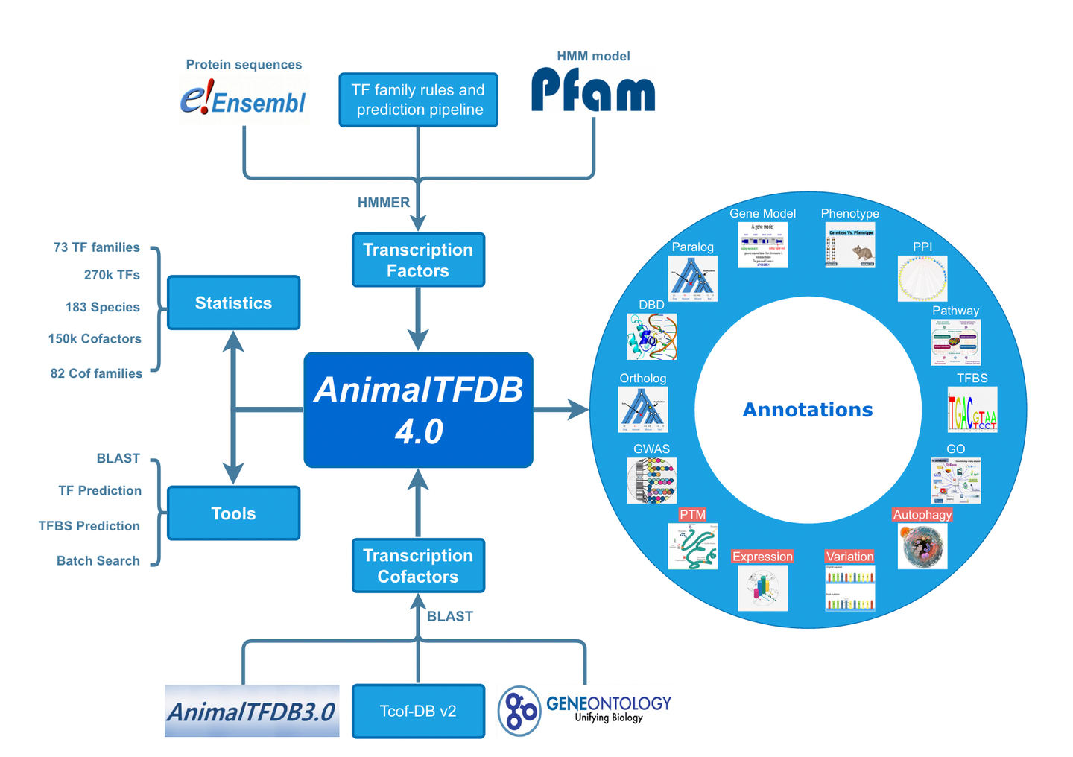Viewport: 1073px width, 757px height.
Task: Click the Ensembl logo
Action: click(x=243, y=100)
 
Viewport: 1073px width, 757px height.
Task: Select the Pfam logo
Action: click(x=593, y=90)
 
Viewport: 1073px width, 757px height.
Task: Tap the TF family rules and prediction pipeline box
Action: click(x=418, y=100)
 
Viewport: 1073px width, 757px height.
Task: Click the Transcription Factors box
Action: click(x=418, y=260)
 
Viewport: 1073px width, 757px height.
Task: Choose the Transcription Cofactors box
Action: click(x=418, y=566)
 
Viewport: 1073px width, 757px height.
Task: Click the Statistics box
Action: click(x=233, y=303)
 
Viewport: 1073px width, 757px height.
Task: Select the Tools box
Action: click(x=233, y=513)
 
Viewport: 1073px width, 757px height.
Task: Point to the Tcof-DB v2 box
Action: click(x=418, y=711)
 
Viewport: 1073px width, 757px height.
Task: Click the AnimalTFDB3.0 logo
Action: click(x=252, y=711)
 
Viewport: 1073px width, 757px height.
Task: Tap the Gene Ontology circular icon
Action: click(x=519, y=711)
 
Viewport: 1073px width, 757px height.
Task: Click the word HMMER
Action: click(x=383, y=203)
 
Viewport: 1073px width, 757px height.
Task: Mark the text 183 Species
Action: click(x=102, y=307)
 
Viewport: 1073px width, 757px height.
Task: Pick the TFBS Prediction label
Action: click(x=89, y=526)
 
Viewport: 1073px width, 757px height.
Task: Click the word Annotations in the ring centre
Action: click(x=808, y=410)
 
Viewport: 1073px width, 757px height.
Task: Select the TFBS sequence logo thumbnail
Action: click(x=972, y=410)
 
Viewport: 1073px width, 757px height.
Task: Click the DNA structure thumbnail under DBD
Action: click(x=652, y=336)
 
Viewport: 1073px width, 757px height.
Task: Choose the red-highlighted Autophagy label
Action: click(x=922, y=515)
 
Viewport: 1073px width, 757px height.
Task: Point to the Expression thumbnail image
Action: click(x=762, y=588)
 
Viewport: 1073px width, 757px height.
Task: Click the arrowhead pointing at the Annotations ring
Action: click(x=578, y=409)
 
